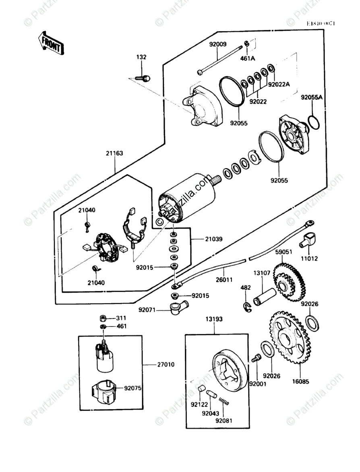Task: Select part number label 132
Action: [141, 57]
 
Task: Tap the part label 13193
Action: [214, 319]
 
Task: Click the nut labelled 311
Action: [103, 318]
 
